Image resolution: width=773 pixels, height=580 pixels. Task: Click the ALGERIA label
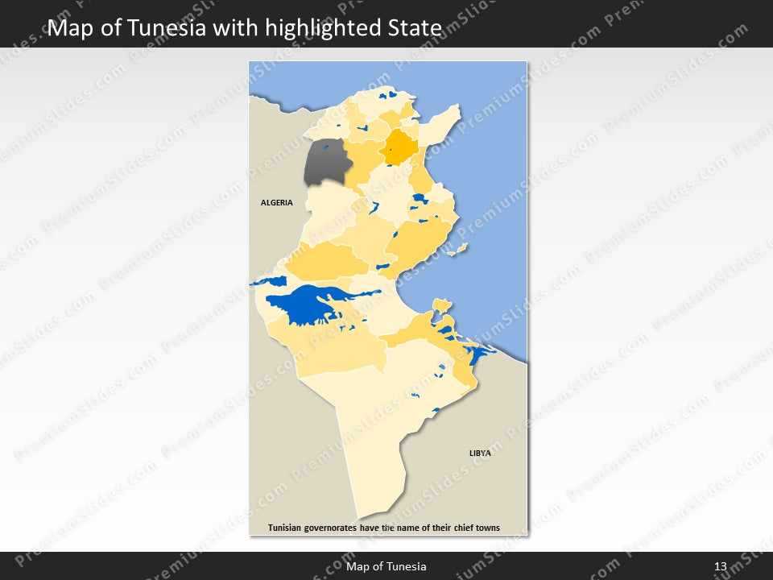(277, 203)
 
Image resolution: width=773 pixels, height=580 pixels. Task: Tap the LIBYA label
(480, 454)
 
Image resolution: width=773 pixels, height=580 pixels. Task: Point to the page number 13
(720, 567)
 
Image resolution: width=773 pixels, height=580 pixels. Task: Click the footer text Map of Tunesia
(386, 567)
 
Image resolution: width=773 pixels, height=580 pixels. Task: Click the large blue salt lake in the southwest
(306, 304)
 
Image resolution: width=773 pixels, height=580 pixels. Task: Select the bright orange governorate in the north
(398, 147)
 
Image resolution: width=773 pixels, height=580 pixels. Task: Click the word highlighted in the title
(324, 28)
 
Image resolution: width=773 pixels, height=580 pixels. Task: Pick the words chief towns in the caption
(477, 528)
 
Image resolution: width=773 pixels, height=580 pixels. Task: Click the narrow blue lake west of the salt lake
(270, 282)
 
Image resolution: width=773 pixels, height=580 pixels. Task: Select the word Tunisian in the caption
(289, 528)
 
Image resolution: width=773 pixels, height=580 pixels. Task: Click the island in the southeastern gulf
(440, 304)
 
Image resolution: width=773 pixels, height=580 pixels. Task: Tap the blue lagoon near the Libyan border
(477, 354)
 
